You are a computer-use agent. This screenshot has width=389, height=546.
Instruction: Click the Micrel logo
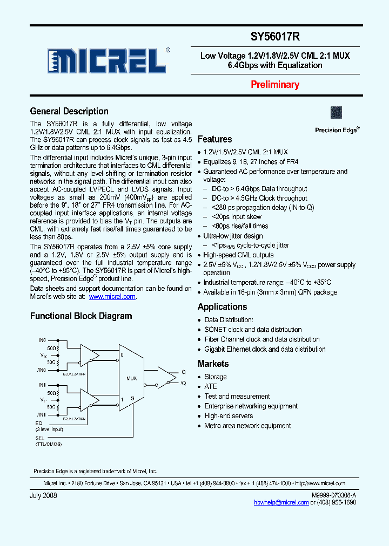coord(107,60)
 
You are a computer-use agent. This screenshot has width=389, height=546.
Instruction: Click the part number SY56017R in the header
coord(275,37)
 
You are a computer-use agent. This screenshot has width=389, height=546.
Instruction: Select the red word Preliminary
coord(274,85)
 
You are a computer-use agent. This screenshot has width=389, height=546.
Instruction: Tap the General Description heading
coord(69,112)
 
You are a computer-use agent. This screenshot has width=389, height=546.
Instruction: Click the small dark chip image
coord(337,112)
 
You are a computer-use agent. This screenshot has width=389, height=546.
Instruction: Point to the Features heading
coord(214,139)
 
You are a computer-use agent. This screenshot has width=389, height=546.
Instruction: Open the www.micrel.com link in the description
coord(112,297)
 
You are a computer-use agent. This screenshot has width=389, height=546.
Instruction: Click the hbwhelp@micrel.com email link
coord(281,502)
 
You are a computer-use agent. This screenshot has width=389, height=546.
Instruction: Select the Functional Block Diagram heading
coord(81,316)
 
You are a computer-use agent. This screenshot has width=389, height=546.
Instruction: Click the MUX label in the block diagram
coord(132,378)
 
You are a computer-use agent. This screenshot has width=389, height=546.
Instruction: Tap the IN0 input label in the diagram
coord(43,340)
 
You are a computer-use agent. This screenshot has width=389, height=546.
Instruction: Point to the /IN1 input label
coord(42,414)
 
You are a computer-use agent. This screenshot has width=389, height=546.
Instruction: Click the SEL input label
coord(39,438)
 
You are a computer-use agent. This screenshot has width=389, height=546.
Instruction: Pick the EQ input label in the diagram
coord(39,424)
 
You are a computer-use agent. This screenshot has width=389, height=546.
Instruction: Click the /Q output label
coord(183,383)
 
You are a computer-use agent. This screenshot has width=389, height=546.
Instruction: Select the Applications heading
coord(222,307)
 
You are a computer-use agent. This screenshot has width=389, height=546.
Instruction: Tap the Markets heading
coord(213,364)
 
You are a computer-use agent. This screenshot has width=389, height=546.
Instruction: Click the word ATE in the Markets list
coord(210,387)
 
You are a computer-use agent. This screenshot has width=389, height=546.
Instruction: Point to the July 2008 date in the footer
coord(43,495)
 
